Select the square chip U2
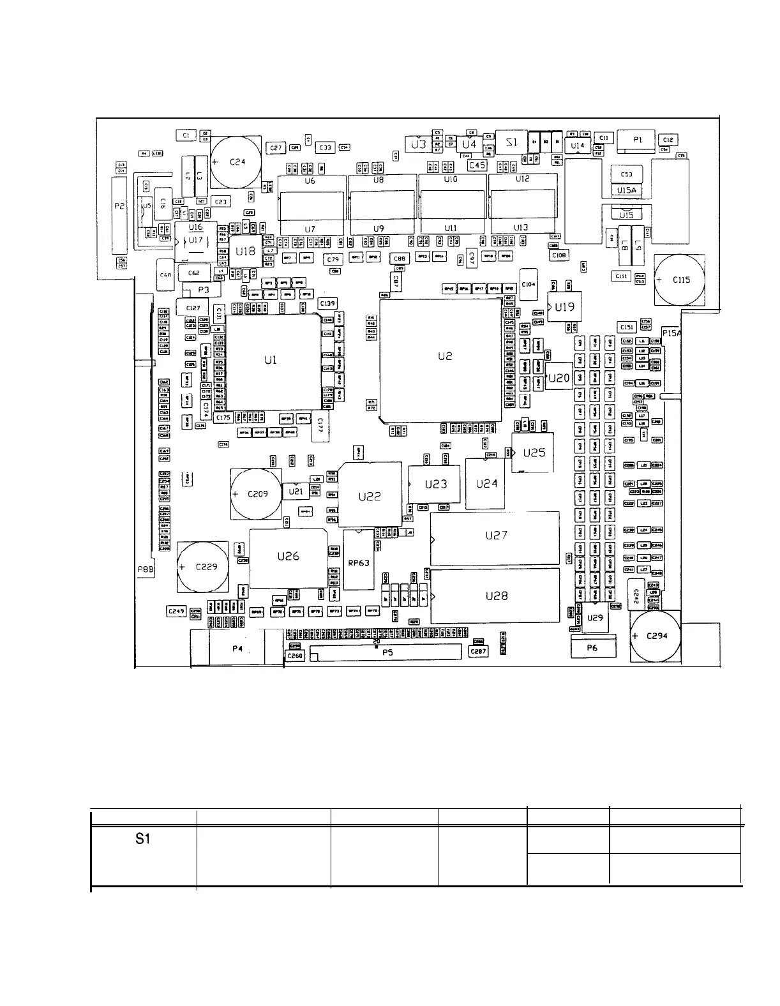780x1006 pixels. pos(441,359)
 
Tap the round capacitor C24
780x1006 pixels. pos(236,162)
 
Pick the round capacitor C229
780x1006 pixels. pos(202,567)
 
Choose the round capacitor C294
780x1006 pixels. pos(655,636)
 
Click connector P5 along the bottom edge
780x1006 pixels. pos(387,652)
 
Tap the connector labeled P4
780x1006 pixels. pos(237,648)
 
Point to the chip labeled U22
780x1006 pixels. pos(370,496)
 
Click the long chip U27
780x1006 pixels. pos(495,536)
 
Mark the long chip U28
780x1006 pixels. pos(495,596)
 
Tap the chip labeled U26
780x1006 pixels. pos(288,557)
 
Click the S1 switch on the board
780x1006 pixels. pos(512,142)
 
